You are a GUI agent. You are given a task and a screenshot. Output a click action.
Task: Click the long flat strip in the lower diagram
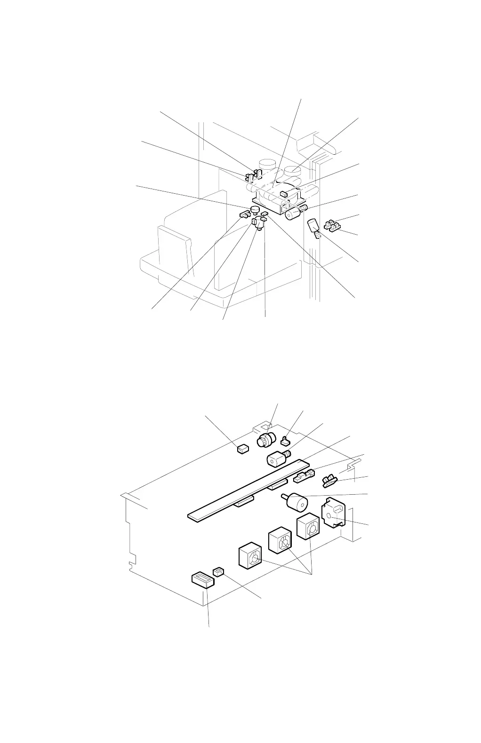coord(245,489)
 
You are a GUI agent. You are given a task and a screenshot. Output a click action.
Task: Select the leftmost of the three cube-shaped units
coord(249,556)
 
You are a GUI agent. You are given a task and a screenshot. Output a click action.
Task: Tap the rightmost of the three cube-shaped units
coord(308,528)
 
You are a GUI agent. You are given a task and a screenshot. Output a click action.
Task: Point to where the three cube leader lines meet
coord(311,575)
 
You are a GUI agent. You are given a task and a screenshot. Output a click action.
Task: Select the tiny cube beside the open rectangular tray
coord(218,571)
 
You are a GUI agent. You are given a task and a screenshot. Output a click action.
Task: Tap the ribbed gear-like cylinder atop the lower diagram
coord(265,441)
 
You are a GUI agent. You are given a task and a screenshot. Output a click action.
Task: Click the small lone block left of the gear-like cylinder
coord(241,449)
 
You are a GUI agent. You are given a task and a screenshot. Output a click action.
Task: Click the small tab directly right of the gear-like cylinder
coord(285,441)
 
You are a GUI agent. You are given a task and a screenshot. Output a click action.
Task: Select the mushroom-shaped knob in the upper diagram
coord(256,210)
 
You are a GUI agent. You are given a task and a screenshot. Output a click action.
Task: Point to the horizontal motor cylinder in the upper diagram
coord(294,213)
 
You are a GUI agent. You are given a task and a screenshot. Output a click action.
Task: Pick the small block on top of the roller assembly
coord(283,193)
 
